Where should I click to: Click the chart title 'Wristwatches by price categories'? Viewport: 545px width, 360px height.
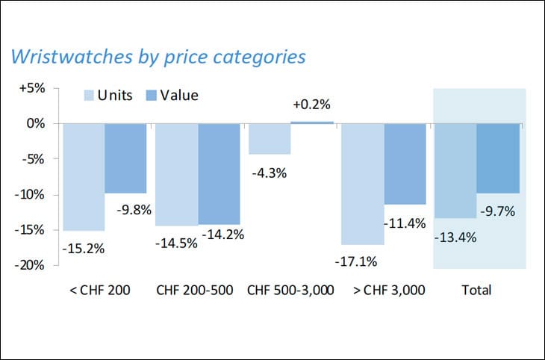tap(158, 57)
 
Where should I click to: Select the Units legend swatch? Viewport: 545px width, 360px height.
tap(89, 96)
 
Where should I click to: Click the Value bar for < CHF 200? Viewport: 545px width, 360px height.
tap(125, 158)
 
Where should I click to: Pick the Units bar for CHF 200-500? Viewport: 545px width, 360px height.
tap(176, 174)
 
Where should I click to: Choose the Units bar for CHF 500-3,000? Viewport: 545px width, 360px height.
tap(270, 138)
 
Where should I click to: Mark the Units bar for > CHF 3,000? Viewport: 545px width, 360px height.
tap(363, 184)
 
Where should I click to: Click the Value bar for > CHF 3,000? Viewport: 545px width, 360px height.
tap(405, 164)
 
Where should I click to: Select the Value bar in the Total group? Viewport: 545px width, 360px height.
tap(498, 158)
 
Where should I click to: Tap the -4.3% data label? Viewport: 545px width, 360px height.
tap(269, 173)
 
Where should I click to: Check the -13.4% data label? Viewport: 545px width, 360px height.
tap(455, 238)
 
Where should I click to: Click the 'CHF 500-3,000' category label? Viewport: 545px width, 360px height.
tap(290, 291)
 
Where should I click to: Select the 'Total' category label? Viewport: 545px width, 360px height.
tap(477, 291)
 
